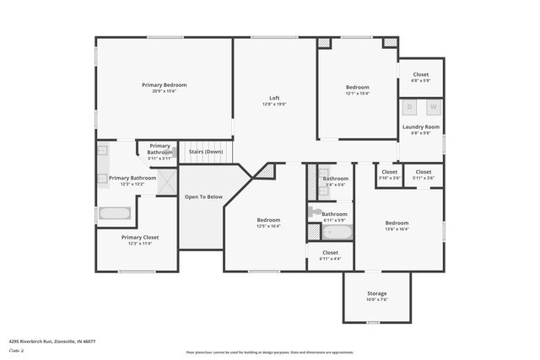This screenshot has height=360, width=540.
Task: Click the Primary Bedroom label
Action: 164,85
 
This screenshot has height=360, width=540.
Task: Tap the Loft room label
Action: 275,98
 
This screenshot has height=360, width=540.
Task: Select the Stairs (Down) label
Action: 205,152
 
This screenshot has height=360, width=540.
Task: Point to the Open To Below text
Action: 203,197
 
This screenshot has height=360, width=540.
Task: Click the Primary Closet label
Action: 139,238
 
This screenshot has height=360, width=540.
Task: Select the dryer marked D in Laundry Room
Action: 410,107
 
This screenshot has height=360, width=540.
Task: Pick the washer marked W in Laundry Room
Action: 433,107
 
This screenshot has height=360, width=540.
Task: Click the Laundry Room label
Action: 420,126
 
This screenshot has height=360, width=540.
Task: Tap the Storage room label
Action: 376,293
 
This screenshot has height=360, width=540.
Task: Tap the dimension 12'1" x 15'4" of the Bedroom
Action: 358,94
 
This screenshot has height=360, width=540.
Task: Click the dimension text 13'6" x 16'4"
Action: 397,228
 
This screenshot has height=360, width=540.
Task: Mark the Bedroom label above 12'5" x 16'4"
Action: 269,220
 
